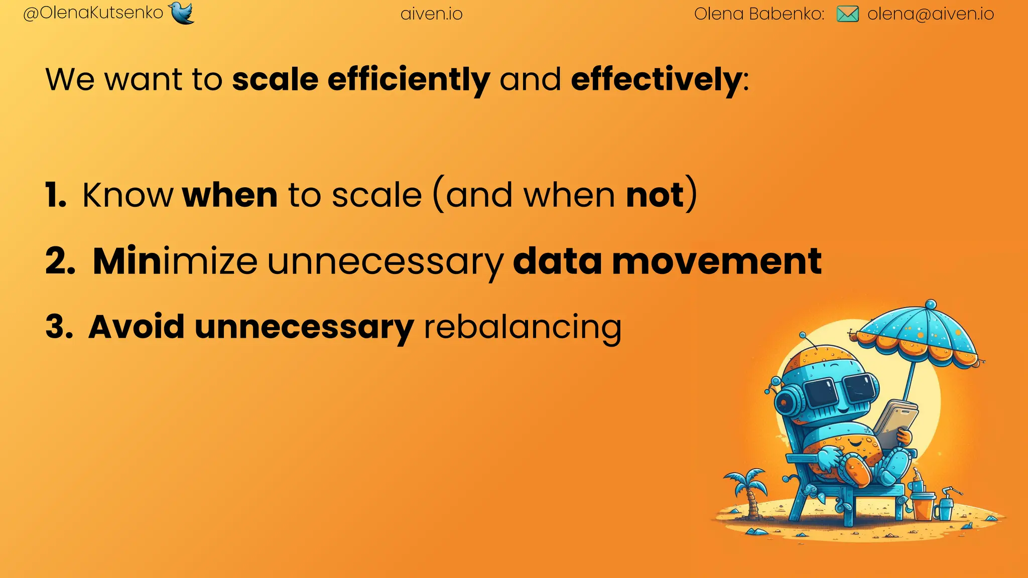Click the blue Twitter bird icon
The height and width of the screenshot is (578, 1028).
(x=182, y=13)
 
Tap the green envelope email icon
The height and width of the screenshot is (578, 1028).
(x=848, y=14)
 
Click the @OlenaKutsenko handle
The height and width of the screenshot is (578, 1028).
(x=93, y=13)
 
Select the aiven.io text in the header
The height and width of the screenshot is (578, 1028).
(x=432, y=14)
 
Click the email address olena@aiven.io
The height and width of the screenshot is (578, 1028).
(x=931, y=14)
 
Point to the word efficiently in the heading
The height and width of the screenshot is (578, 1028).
(x=409, y=80)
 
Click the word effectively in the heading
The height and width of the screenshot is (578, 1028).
(x=657, y=80)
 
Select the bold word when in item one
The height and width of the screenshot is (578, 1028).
(x=230, y=195)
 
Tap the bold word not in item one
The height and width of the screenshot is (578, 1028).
(x=655, y=195)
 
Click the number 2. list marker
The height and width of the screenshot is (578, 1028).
(x=60, y=261)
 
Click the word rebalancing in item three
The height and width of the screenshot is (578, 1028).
(x=523, y=328)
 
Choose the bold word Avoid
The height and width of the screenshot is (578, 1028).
(x=137, y=328)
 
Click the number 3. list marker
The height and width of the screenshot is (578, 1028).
(x=59, y=328)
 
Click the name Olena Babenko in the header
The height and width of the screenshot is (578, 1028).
(x=759, y=14)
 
